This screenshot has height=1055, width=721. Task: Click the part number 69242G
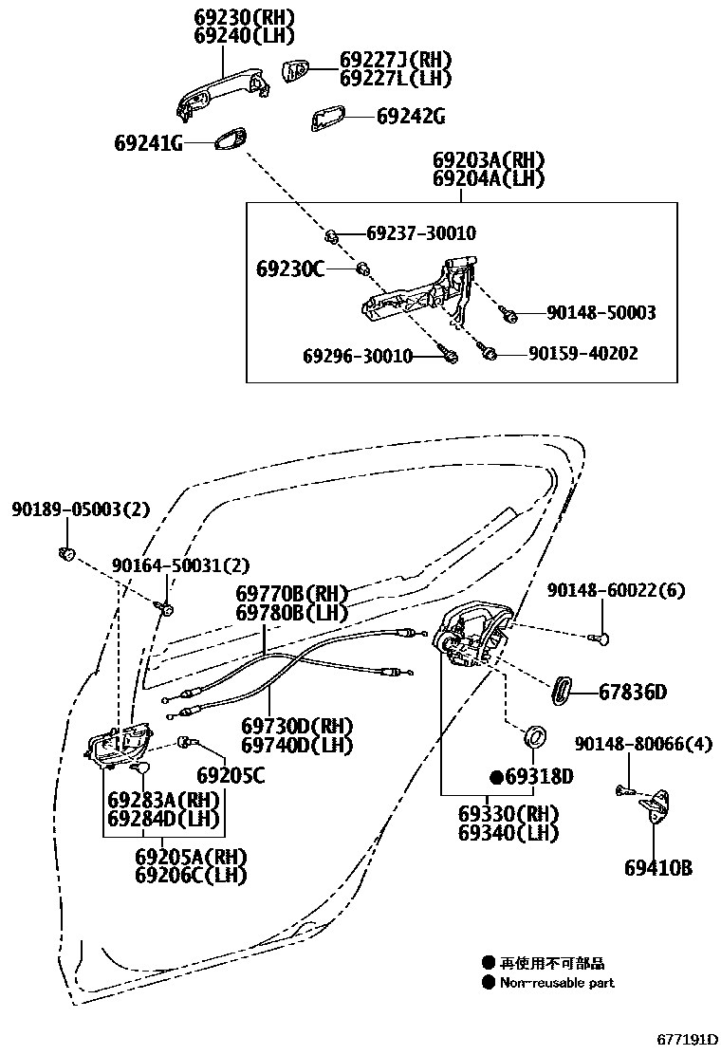410,117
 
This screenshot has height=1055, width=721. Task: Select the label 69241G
147,143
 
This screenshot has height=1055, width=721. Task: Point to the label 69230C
289,269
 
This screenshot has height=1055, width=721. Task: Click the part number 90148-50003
601,312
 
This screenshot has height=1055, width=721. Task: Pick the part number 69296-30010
358,356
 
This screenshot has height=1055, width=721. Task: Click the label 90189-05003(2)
81,509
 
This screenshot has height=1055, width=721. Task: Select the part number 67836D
632,692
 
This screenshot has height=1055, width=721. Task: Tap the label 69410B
657,867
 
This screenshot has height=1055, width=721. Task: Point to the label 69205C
231,775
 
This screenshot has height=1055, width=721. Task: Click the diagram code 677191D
688,1041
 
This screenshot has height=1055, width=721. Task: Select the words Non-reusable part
557,983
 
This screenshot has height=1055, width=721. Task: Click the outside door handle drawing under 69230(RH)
223,93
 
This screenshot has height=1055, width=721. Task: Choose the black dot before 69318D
495,778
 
